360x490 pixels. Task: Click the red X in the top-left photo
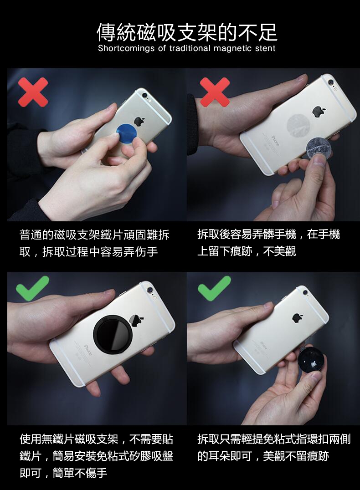coord(33,92)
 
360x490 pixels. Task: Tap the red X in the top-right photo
coord(215,92)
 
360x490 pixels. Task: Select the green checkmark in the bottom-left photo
coord(32,287)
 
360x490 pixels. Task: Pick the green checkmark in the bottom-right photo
coord(214,288)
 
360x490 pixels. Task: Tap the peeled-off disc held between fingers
coord(319,150)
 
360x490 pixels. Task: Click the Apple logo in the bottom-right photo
coord(298,318)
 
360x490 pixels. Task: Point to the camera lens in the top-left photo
coord(144,95)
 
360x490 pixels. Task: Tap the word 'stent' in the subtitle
coord(265,48)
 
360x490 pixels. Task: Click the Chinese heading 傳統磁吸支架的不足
coord(187,32)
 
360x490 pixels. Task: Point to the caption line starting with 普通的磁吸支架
coord(94,235)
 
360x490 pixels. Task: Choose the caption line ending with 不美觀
coord(246,251)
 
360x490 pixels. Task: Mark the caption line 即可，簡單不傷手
coord(63,473)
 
